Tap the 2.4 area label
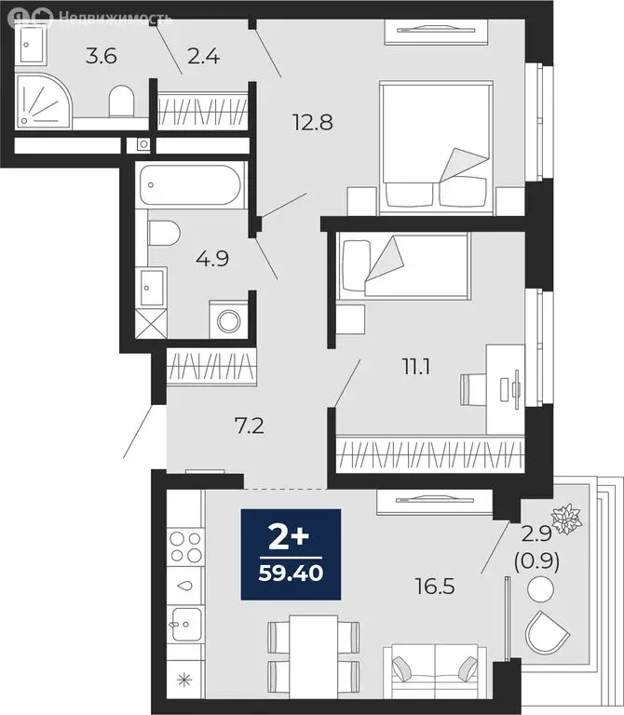coord(202,57)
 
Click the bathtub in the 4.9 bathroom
coord(191,185)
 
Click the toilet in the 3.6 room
coord(122,101)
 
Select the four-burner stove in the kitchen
coord(183,547)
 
